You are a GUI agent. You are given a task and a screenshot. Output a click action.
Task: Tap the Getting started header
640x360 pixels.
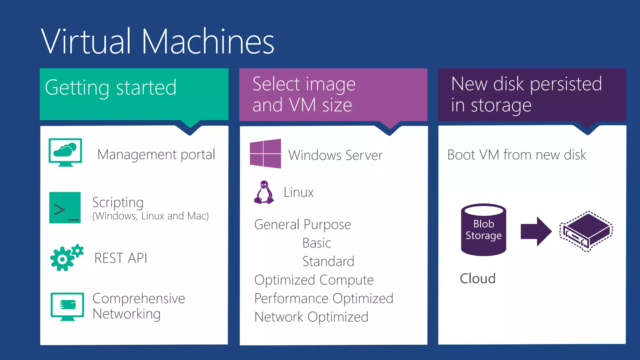click(x=111, y=88)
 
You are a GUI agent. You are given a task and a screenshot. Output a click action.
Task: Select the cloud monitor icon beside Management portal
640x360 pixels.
click(x=65, y=152)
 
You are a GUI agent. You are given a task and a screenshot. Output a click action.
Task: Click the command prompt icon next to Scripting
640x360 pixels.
click(x=65, y=207)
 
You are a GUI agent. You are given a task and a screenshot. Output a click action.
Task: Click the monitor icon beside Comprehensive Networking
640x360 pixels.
click(x=67, y=306)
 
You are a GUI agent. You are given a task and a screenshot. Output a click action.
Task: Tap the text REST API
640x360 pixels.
click(x=121, y=258)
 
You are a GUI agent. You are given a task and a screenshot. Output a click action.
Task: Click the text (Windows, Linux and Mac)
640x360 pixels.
click(x=150, y=216)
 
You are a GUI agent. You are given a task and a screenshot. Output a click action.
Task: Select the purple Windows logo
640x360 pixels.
click(x=265, y=153)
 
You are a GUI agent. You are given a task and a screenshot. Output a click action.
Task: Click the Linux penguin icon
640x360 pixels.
click(x=264, y=192)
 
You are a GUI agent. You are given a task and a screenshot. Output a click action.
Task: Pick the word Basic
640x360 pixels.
click(x=317, y=243)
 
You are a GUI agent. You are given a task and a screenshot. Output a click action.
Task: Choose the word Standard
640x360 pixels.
click(x=328, y=262)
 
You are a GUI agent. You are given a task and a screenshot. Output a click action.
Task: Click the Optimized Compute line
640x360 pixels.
click(x=314, y=280)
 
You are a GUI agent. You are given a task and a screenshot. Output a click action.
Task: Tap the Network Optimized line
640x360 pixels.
click(x=311, y=317)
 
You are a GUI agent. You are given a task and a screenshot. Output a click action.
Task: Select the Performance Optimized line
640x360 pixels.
click(x=324, y=298)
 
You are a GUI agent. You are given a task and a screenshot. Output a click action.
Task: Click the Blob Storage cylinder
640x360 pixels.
click(x=483, y=230)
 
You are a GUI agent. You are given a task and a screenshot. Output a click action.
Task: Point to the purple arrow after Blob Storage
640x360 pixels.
click(x=536, y=232)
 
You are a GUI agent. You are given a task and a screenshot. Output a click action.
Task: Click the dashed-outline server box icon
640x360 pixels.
click(x=586, y=232)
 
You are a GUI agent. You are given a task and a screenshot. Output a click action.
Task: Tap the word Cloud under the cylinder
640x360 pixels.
click(x=477, y=278)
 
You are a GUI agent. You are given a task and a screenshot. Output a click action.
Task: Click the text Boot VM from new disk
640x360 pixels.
click(x=517, y=155)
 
